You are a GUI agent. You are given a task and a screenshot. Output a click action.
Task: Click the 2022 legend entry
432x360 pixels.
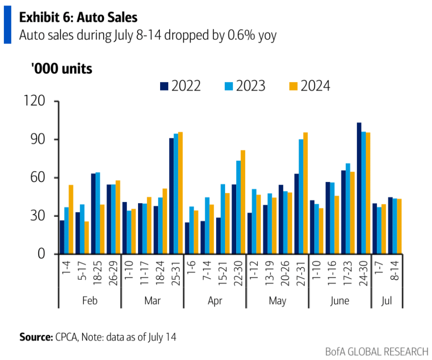coord(181,85)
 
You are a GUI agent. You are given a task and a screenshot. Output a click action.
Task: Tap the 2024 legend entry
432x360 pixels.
coord(310,85)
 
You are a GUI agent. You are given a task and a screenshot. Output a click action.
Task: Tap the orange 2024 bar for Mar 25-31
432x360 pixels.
coord(181,193)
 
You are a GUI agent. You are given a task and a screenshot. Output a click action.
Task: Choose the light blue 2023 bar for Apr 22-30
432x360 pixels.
coord(238,207)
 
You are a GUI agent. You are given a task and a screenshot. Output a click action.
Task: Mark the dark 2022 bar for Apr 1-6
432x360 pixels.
coord(187,238)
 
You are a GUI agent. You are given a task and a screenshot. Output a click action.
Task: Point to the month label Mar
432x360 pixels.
coord(152,301)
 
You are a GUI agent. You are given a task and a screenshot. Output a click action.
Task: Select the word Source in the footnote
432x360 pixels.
coord(36,337)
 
